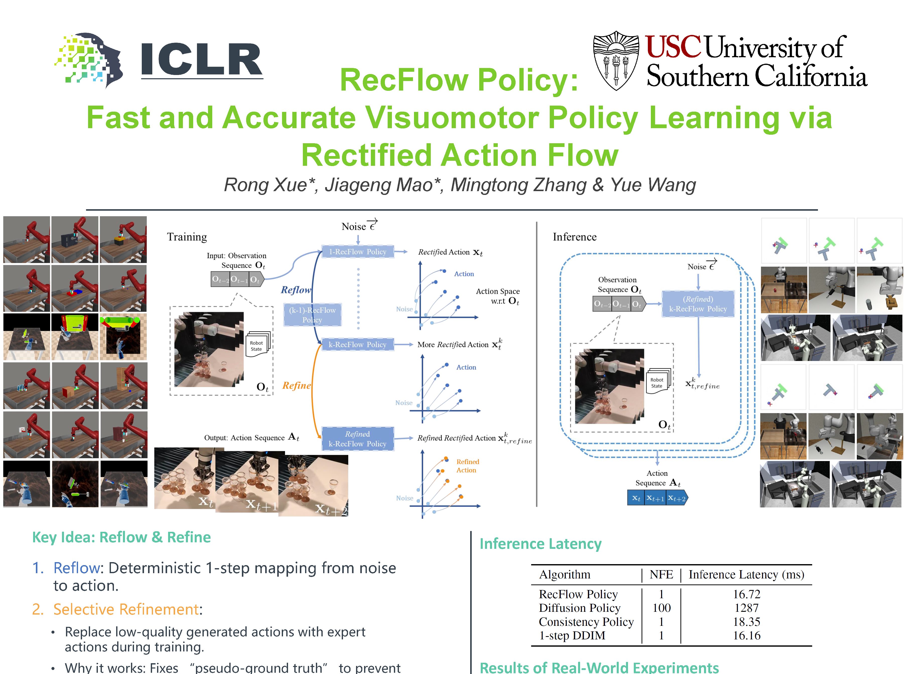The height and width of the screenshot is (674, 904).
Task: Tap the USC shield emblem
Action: click(x=616, y=60)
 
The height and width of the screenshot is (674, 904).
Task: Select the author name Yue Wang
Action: click(x=653, y=185)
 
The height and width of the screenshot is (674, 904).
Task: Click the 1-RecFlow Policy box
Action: click(x=358, y=252)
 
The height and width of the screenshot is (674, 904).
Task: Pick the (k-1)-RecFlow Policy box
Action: click(x=312, y=315)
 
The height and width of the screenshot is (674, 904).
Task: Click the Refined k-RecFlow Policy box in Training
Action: click(x=358, y=439)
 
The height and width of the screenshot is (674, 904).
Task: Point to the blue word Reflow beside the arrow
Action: click(x=296, y=290)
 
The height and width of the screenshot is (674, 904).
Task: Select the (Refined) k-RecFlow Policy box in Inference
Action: click(x=698, y=304)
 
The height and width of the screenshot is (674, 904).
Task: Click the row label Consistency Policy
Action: click(x=586, y=622)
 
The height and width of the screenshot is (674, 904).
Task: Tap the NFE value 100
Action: click(x=662, y=608)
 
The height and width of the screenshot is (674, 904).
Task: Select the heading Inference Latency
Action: click(x=540, y=544)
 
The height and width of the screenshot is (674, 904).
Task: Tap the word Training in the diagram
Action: click(x=187, y=237)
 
